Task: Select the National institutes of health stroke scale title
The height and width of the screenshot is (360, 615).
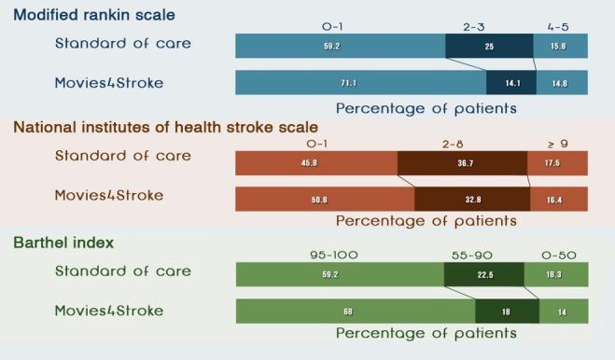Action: [x=165, y=127]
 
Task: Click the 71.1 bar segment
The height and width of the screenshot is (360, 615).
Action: [x=360, y=82]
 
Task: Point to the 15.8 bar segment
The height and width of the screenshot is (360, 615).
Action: [x=560, y=46]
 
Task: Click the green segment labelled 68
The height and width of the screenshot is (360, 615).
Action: [x=356, y=311]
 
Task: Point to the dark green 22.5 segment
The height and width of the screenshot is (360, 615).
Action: [x=483, y=274]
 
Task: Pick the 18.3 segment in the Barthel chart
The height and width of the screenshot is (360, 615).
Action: [x=555, y=274]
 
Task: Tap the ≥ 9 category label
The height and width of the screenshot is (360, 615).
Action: [x=558, y=145]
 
